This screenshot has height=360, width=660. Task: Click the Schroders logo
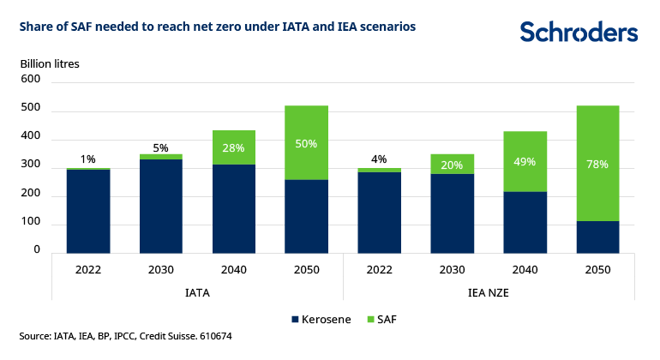579,33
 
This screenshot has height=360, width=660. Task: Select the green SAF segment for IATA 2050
306,142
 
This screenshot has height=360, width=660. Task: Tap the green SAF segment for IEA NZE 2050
597,163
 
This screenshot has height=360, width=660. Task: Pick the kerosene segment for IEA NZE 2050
597,238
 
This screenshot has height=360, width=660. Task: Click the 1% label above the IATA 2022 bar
88,159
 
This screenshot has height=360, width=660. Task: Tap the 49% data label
525,161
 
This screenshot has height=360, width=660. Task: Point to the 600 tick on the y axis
31,79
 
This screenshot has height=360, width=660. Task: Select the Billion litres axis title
50,63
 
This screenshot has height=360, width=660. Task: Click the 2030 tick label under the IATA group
160,270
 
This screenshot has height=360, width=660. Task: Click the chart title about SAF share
218,27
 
